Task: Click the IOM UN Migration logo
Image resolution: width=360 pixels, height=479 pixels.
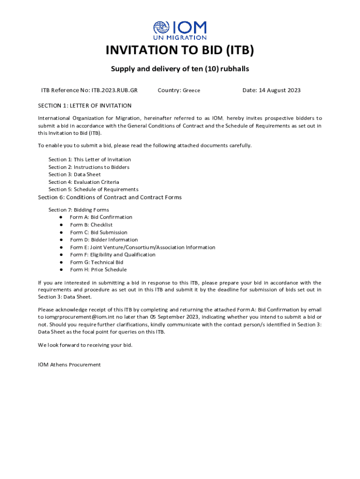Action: click(x=180, y=29)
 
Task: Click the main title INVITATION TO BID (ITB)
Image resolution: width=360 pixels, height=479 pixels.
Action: click(x=180, y=51)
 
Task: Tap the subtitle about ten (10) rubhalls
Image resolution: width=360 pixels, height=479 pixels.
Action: click(x=180, y=69)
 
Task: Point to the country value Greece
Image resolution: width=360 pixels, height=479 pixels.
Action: click(x=191, y=90)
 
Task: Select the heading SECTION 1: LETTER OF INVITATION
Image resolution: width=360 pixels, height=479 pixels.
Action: click(x=85, y=106)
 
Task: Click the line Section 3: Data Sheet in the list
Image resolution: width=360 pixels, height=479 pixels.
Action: click(x=74, y=174)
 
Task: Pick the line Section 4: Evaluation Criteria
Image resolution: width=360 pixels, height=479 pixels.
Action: click(x=84, y=182)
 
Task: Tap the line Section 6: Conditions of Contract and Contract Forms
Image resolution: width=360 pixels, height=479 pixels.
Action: click(x=109, y=197)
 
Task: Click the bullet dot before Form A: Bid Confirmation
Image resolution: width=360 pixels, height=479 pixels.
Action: click(x=61, y=218)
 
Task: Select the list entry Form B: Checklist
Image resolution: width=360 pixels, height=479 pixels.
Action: click(x=91, y=225)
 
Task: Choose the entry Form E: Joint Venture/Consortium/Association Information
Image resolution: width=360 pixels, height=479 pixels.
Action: click(x=143, y=247)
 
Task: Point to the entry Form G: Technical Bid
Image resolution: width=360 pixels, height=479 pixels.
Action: click(x=97, y=262)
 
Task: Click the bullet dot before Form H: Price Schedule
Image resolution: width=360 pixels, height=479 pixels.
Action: click(x=61, y=270)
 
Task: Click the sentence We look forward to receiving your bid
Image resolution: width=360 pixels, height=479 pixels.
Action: click(x=85, y=345)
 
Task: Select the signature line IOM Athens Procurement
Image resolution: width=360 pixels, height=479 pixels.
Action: click(x=69, y=365)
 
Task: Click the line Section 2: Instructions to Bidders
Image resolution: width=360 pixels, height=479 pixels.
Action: click(x=89, y=167)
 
